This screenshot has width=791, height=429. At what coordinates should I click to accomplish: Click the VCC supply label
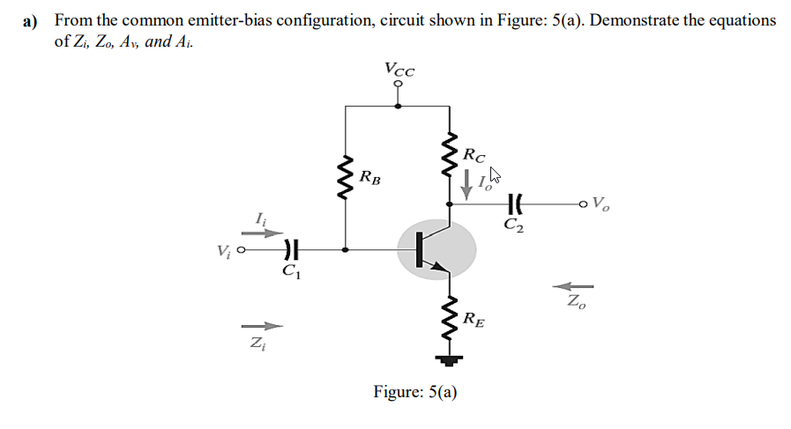[400, 68]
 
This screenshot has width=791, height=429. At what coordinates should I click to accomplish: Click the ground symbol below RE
[451, 359]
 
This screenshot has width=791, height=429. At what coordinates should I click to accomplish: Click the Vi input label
[225, 251]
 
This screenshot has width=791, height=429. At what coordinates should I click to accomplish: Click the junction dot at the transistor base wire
[345, 249]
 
